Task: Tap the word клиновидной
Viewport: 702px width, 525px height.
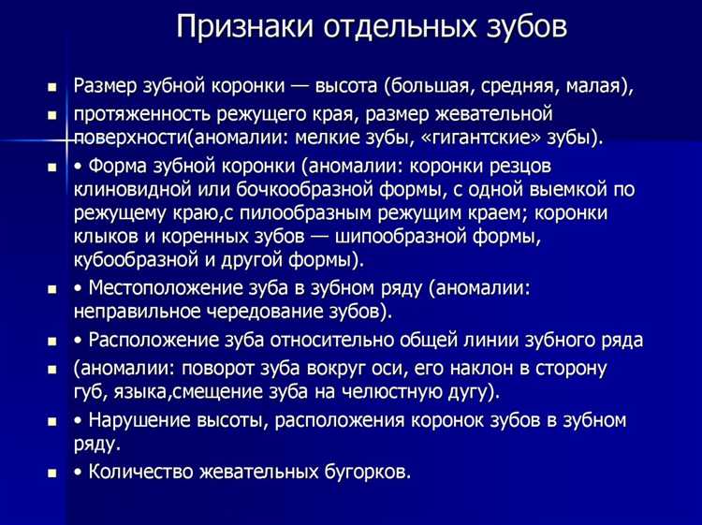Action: coord(132,189)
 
